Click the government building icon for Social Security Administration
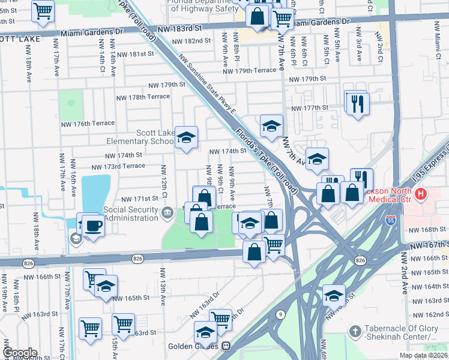(167, 210)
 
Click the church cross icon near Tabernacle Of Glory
(355, 331)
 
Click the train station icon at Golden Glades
(226, 346)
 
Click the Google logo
(20, 353)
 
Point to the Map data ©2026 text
(422, 355)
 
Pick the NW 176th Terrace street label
(88, 123)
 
